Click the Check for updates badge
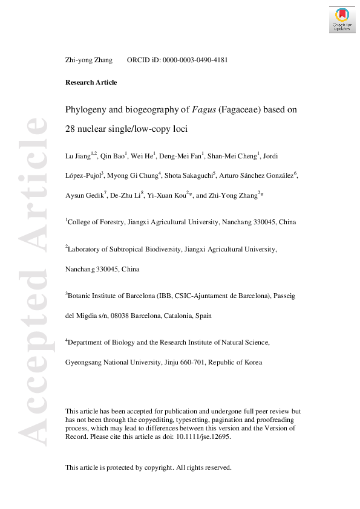[x=342, y=19]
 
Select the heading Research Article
[x=91, y=82]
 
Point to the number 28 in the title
[x=71, y=129]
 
